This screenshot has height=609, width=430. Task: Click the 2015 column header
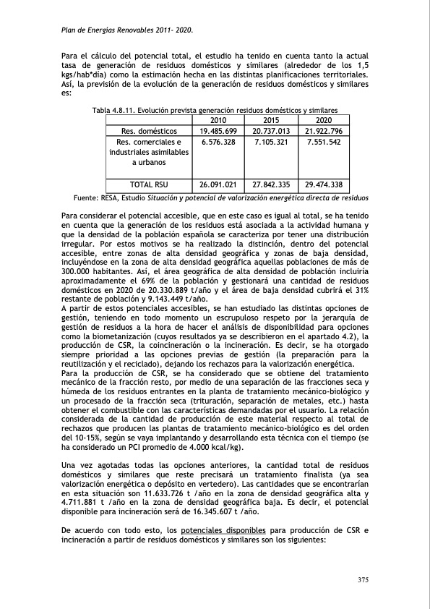271,120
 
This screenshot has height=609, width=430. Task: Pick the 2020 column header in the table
324,120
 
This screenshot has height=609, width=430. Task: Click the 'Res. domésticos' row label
148,131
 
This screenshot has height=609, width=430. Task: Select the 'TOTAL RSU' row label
148,184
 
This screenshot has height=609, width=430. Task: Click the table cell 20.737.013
271,131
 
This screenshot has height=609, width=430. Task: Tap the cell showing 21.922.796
324,131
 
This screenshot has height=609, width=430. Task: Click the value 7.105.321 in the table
271,142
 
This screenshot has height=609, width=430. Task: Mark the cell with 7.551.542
324,142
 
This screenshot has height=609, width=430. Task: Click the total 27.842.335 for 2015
271,184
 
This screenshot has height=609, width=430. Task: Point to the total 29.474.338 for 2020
324,184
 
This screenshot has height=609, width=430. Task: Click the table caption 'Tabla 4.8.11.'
113,110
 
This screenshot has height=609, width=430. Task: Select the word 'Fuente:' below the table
87,197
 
